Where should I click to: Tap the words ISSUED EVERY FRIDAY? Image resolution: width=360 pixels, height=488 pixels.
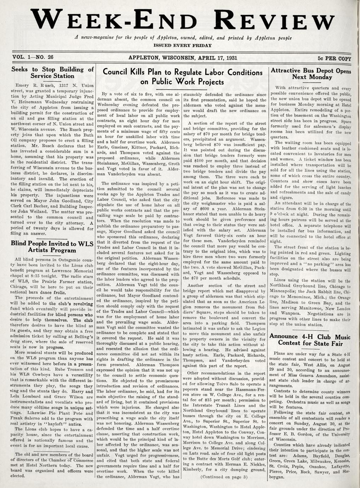(183, 46)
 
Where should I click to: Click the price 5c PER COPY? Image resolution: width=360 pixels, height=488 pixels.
(334, 58)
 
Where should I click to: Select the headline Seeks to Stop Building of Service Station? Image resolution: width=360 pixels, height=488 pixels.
(52, 72)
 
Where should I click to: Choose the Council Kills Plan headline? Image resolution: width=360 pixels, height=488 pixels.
(182, 77)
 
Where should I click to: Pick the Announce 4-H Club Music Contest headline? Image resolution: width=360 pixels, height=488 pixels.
(310, 339)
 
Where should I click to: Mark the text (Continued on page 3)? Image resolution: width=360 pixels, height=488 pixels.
(224, 476)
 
